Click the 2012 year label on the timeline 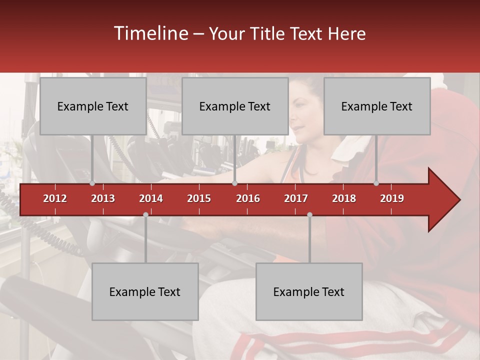pyautogui.click(x=55, y=198)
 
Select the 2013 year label pyautogui.click(x=103, y=198)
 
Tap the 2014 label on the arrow pyautogui.click(x=151, y=198)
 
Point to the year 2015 pyautogui.click(x=199, y=198)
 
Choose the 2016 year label pyautogui.click(x=248, y=198)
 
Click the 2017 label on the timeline pyautogui.click(x=296, y=198)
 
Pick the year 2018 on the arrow pyautogui.click(x=344, y=198)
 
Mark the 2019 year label pyautogui.click(x=392, y=198)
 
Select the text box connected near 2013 pyautogui.click(x=93, y=106)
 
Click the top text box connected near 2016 pyautogui.click(x=235, y=106)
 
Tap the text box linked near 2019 pyautogui.click(x=377, y=106)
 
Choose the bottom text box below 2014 pyautogui.click(x=145, y=291)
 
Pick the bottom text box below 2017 pyautogui.click(x=309, y=291)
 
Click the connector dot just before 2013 pyautogui.click(x=92, y=183)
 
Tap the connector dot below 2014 pyautogui.click(x=145, y=214)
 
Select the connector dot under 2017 pyautogui.click(x=309, y=214)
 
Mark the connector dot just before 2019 pyautogui.click(x=376, y=183)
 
